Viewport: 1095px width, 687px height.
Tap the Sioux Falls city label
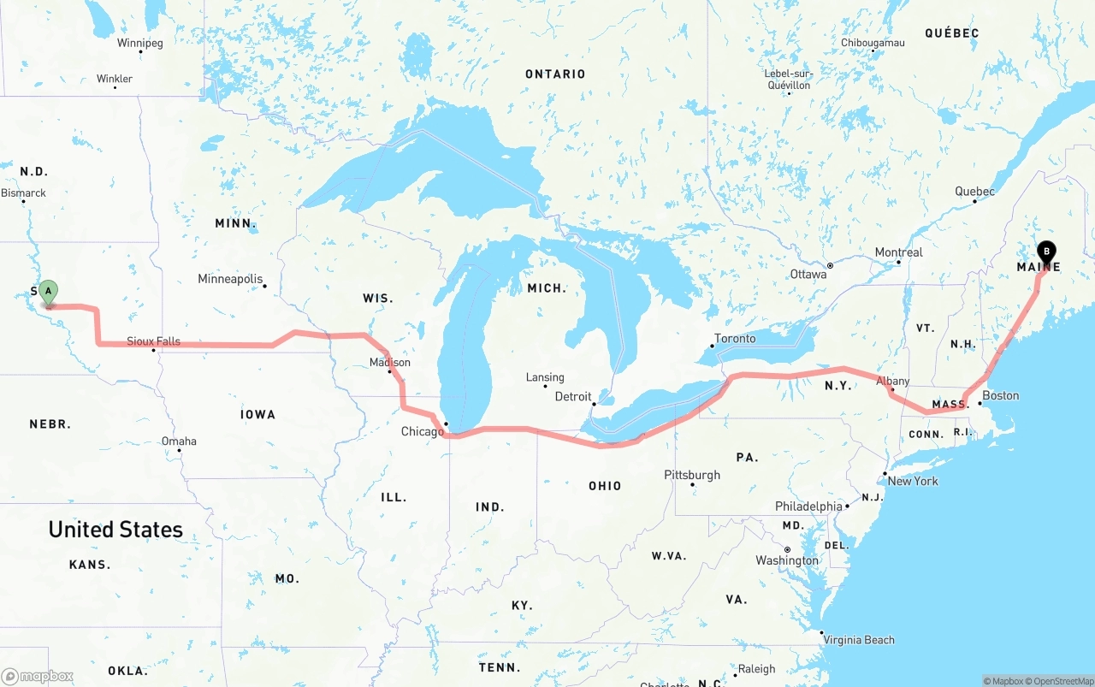(x=154, y=341)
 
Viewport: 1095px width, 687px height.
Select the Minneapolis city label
(x=230, y=279)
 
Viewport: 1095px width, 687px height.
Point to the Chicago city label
(x=423, y=431)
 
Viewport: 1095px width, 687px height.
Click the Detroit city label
(x=573, y=396)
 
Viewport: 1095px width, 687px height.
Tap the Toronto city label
(x=735, y=339)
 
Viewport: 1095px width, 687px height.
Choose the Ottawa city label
(x=808, y=275)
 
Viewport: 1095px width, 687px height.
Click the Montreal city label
(x=898, y=252)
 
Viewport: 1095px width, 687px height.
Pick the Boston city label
(x=1000, y=395)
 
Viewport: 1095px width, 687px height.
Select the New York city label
(x=913, y=481)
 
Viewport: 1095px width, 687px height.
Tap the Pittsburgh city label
(x=692, y=475)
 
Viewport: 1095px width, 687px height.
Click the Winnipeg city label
(x=140, y=43)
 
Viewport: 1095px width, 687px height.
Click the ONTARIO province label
(x=555, y=74)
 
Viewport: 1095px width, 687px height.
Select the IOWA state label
(x=257, y=414)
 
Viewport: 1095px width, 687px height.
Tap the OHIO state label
(x=605, y=486)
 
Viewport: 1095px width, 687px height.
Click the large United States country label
(x=115, y=530)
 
